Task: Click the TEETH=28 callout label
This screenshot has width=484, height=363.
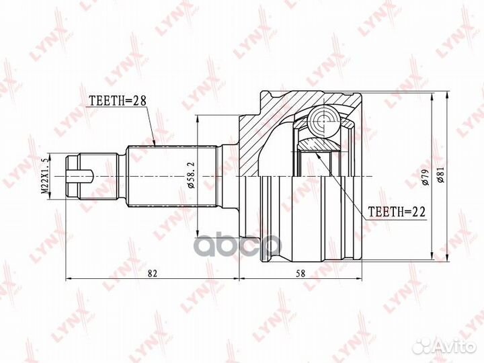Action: [x=117, y=100]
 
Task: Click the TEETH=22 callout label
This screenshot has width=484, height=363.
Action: [x=397, y=212]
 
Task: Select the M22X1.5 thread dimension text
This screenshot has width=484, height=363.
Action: [x=45, y=175]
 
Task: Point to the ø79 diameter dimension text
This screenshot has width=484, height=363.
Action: [x=426, y=177]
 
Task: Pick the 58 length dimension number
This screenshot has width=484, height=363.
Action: [x=300, y=273]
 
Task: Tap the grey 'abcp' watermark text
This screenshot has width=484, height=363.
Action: [x=239, y=245]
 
